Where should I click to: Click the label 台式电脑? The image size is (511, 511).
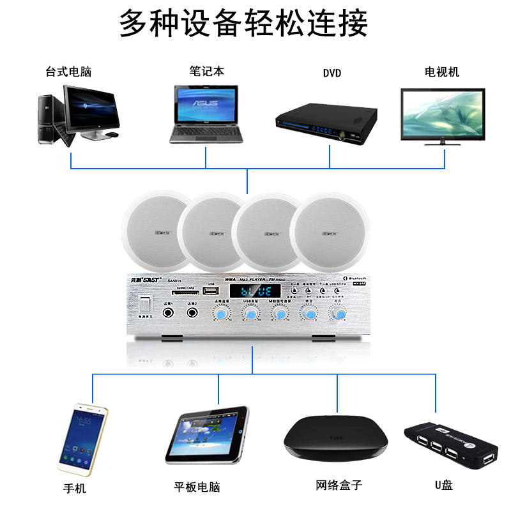[x=68, y=72]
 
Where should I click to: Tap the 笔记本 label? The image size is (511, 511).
[x=206, y=72]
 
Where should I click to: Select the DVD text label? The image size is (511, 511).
[x=332, y=73]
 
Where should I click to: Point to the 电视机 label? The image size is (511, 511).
[x=442, y=72]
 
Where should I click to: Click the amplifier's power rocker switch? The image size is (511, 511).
[x=146, y=304]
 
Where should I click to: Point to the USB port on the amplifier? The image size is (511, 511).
[x=211, y=291]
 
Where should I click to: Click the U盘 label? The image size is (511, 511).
[x=444, y=485]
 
